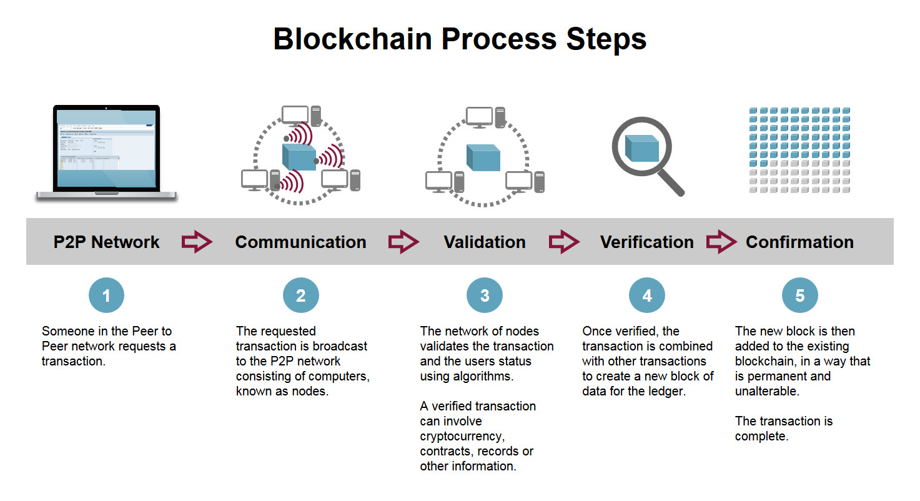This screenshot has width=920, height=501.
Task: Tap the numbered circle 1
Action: (106, 295)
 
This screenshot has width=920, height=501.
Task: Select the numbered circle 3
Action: (485, 295)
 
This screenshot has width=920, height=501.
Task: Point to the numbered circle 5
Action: (799, 295)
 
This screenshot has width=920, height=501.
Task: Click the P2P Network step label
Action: (106, 242)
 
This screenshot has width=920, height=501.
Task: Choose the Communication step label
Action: (300, 242)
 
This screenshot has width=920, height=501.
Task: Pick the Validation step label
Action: (485, 242)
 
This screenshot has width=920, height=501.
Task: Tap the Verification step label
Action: (646, 242)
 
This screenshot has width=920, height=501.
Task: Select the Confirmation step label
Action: (799, 242)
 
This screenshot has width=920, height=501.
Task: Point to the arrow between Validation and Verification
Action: (564, 242)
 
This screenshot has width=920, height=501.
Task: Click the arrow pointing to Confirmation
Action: (721, 242)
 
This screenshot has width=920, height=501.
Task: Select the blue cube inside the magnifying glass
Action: (642, 149)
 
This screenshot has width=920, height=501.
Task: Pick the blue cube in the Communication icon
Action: (299, 157)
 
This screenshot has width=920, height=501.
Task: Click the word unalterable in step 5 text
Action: (767, 391)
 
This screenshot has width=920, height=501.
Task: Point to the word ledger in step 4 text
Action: (670, 391)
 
